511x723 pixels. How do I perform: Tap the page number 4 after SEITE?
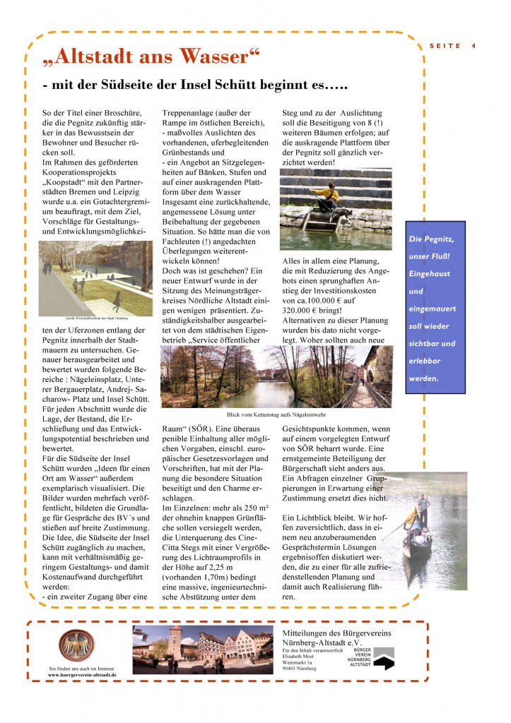473,46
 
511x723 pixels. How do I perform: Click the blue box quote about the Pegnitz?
435,308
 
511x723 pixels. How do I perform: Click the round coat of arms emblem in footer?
76,646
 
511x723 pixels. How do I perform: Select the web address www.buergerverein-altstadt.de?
81,675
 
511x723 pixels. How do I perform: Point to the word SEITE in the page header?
445,46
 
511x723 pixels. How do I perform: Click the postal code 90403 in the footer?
289,669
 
